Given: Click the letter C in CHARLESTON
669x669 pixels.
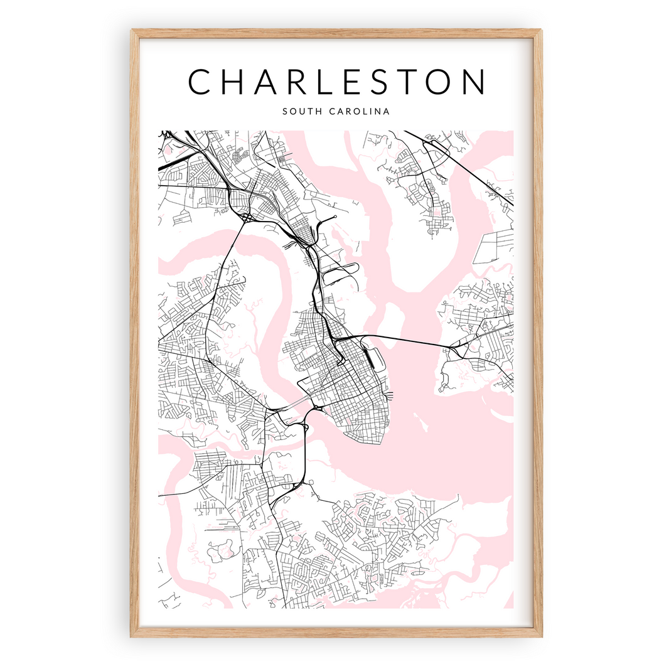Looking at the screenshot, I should pos(200,82).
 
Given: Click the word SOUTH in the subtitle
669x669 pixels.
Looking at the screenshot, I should pos(300,112).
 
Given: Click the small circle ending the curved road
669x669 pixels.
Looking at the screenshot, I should pos(336,217).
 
